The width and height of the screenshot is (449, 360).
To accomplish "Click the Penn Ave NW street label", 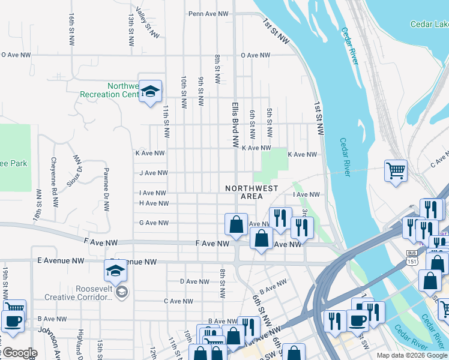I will [208, 13].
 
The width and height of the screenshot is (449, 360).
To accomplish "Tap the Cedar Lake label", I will [429, 24].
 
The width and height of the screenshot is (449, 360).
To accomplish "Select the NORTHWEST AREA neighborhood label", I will [252, 192].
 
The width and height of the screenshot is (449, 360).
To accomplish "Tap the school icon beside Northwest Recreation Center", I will [151, 91].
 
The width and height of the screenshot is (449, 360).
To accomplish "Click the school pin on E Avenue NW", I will [116, 271].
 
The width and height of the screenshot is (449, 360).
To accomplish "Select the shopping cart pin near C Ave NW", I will [396, 170].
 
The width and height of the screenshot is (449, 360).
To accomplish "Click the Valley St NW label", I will [147, 23].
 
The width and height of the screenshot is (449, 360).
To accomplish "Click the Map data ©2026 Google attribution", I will [412, 355].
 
